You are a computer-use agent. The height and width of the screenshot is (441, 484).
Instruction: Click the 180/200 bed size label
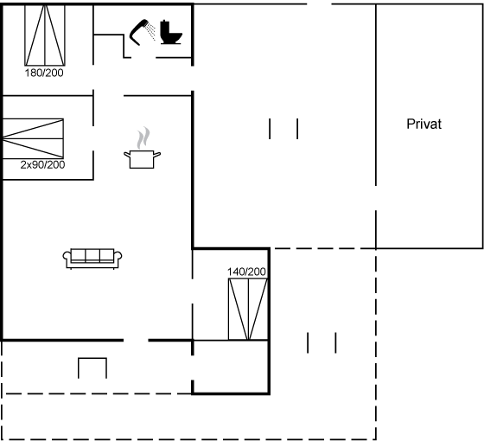tap(44, 73)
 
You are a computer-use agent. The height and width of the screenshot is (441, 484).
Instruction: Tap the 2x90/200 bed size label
tap(42, 164)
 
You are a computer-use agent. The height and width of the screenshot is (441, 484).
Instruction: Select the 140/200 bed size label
tap(246, 272)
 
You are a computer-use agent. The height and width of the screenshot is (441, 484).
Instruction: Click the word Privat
tap(423, 124)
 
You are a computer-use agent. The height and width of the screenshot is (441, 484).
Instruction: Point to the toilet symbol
tap(171, 32)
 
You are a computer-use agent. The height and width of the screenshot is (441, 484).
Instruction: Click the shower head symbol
tap(138, 32)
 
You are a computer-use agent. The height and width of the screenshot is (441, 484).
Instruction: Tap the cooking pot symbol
tap(142, 159)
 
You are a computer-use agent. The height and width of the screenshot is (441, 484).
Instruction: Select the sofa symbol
tap(92, 259)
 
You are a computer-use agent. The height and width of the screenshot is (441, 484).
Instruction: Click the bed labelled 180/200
tap(45, 35)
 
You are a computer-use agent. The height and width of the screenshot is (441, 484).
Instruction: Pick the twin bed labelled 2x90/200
tap(33, 138)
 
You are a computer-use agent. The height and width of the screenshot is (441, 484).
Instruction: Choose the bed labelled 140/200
tap(248, 310)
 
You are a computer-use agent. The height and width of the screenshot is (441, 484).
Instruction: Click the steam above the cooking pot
tap(143, 137)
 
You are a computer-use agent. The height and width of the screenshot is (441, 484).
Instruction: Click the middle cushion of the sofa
tap(92, 255)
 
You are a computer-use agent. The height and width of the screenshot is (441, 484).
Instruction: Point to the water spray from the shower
tap(151, 31)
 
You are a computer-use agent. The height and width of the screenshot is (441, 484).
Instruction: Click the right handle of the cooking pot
tap(157, 154)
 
